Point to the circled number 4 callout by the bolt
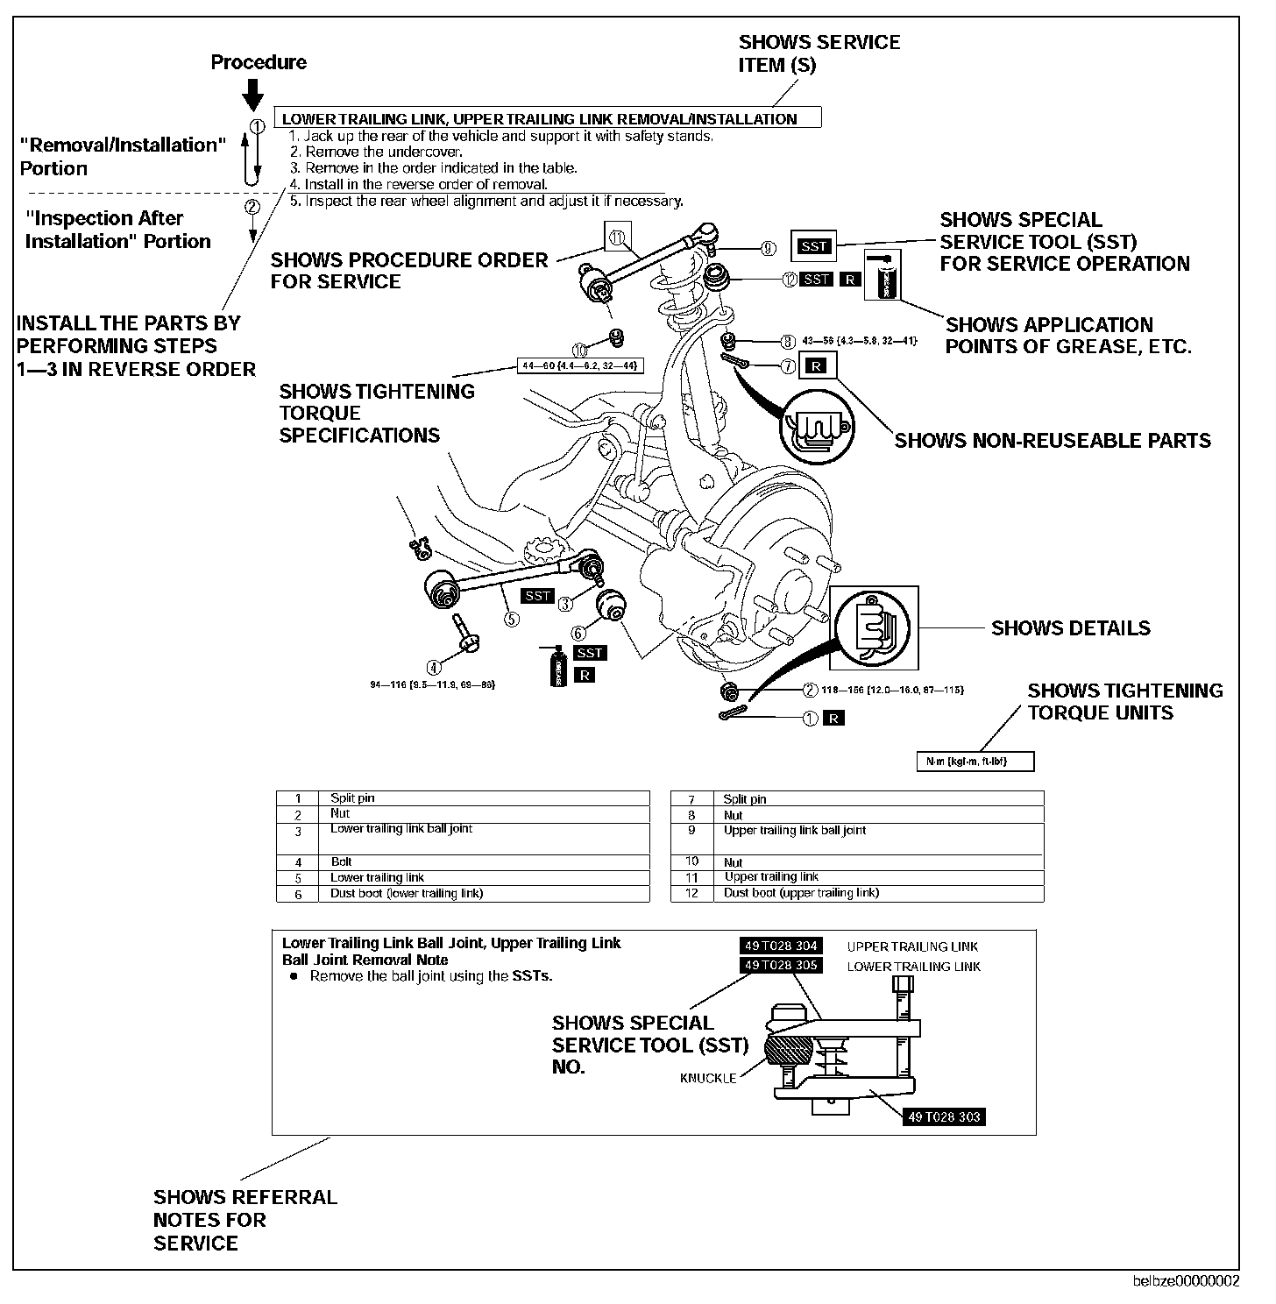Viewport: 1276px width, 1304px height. click(433, 666)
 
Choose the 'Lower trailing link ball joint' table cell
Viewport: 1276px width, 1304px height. click(401, 829)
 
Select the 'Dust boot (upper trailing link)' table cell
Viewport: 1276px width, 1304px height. click(801, 893)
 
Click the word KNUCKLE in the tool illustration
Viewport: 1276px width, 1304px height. click(708, 1078)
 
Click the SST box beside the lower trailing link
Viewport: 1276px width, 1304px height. click(537, 596)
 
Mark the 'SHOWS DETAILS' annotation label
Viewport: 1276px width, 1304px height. click(1070, 628)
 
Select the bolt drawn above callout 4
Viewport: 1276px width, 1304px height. click(462, 634)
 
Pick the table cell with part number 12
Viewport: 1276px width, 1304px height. click(691, 893)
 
